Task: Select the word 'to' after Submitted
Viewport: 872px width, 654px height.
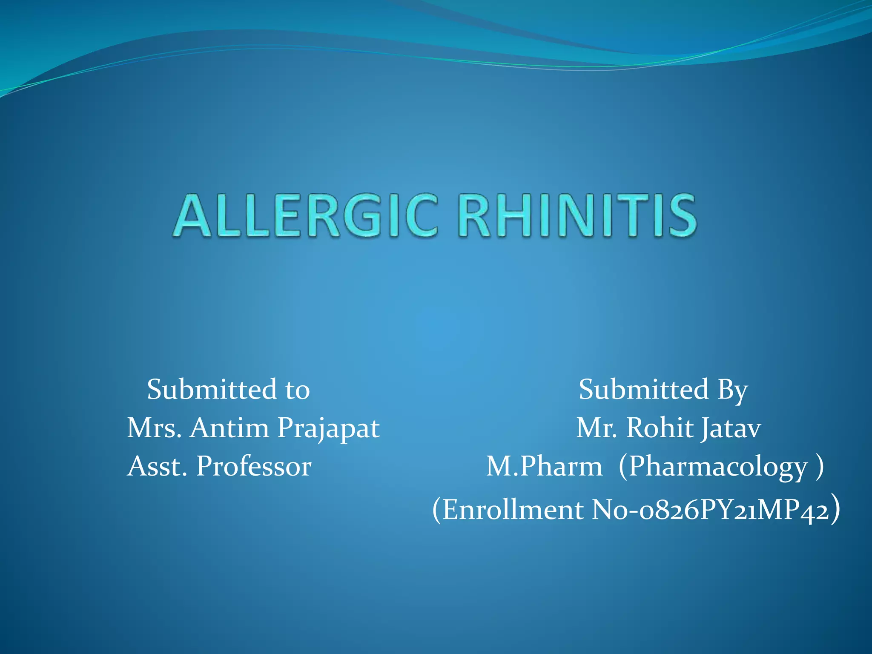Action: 297,390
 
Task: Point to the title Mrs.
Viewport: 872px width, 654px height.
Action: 155,428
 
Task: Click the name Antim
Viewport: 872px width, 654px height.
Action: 229,428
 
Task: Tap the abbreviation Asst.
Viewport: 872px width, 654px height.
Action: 157,466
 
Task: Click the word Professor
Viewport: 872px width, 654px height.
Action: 254,466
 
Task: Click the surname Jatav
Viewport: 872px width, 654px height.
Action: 731,428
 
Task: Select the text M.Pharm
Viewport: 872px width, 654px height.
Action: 544,466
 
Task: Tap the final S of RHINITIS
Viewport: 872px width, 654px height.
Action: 683,215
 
